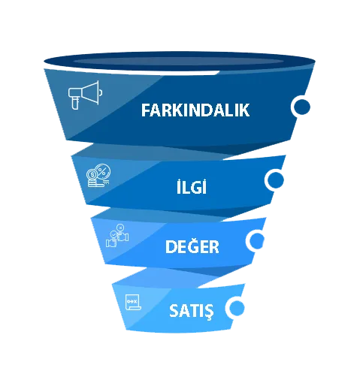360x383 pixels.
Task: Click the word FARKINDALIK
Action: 195,110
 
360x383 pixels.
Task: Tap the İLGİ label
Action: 192,186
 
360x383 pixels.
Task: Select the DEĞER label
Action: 192,246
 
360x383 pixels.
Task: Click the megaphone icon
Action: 85,95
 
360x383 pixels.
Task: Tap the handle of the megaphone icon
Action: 75,103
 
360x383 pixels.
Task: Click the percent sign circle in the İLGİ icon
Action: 102,171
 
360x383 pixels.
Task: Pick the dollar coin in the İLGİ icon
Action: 92,174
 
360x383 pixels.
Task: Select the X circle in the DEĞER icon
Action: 120,228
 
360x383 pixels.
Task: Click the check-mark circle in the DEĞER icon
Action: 113,235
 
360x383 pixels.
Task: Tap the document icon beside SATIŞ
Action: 133,302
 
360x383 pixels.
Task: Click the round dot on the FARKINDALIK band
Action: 301,107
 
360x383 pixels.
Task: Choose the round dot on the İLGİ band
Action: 274,180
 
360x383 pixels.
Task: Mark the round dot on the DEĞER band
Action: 256,240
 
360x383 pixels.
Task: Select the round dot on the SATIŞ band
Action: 235,307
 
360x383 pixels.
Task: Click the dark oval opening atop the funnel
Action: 180,62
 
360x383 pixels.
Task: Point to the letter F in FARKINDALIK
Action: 146,110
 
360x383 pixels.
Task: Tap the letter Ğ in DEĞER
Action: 193,246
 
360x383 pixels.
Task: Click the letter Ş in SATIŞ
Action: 208,312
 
